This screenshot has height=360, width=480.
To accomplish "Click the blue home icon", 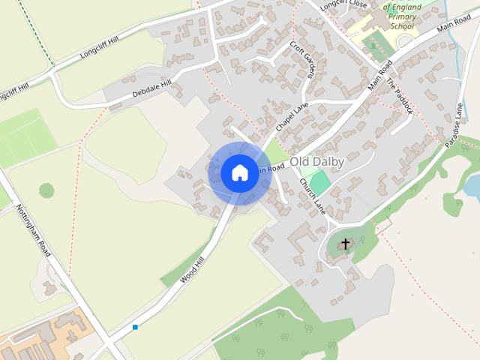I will pos(239,172).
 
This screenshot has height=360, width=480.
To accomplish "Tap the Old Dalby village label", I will pos(316,161).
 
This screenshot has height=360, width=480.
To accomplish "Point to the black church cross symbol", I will pos(346,243).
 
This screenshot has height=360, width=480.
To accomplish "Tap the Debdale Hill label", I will pos(151,88).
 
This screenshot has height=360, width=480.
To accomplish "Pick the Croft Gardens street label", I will pos(303,59).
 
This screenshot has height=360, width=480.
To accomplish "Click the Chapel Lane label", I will pos(292,117).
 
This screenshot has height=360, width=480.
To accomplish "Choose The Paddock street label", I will pos(400,96).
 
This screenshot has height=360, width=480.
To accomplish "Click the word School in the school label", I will pos(403,26).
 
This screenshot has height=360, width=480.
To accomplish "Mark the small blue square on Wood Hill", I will pos(135,327).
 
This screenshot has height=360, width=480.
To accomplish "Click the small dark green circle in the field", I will pos(46,190).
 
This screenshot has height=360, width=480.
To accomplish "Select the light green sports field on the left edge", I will pos(22,137).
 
